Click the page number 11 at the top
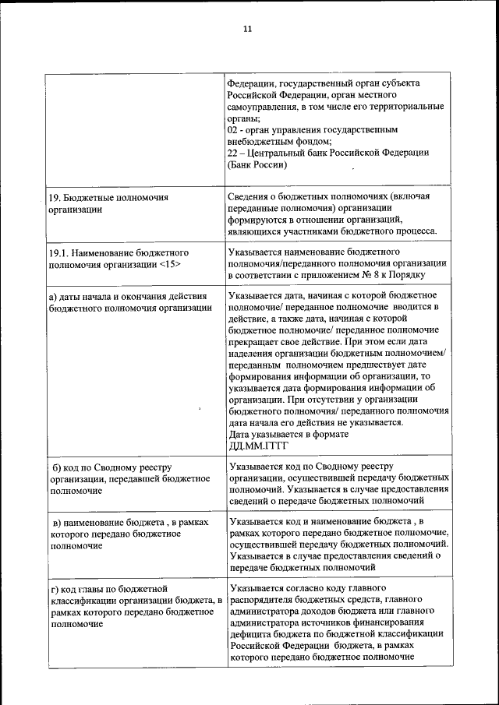point(247,29)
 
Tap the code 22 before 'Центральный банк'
point(232,153)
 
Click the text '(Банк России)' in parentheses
point(257,164)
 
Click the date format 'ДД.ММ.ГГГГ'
point(259,446)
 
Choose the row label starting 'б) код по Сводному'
point(129,478)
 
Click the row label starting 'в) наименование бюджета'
point(129,534)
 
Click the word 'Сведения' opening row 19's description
point(252,197)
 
